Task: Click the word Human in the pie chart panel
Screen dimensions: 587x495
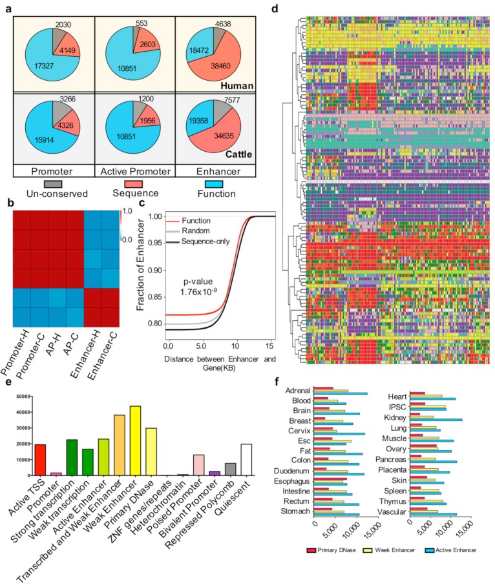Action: coord(237,85)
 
